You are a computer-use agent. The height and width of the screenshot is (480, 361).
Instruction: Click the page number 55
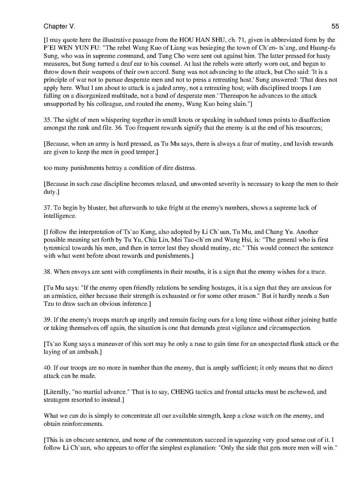[x=335, y=26]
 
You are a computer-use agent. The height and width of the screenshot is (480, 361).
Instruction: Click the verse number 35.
[x=47, y=120]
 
